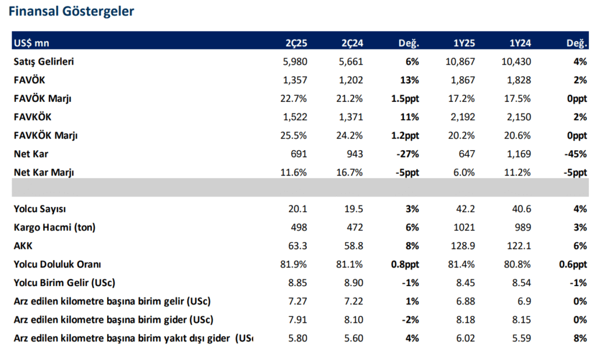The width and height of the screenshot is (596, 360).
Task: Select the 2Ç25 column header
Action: [296, 43]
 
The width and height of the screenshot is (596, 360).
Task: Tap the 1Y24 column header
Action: [519, 43]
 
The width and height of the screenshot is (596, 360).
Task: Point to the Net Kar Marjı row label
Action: [44, 172]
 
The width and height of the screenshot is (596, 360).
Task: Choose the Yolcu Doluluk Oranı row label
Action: [58, 265]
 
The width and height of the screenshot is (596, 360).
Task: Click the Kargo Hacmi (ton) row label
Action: [54, 227]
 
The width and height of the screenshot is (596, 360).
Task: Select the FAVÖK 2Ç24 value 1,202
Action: [351, 80]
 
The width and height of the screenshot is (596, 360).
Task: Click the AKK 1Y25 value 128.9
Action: [463, 246]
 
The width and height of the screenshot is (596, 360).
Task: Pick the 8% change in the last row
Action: [580, 338]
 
